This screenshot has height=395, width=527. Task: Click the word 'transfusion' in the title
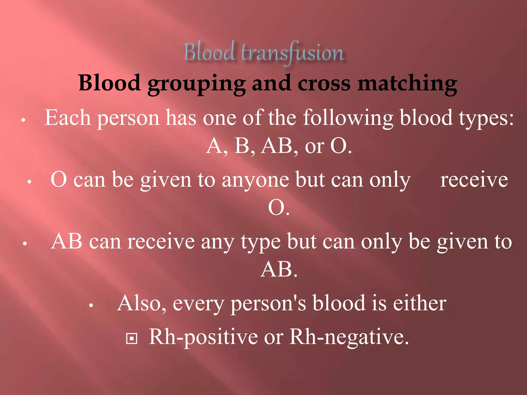292,53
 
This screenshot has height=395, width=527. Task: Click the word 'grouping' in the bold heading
197,84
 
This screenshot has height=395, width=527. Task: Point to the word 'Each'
68,118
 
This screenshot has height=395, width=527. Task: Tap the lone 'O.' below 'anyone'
279,208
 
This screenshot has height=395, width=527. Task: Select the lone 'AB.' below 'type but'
279,270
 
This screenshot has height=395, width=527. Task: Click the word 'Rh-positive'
203,337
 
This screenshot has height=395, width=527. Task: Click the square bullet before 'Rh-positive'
132,338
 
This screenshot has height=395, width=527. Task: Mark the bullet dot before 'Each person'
23,120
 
